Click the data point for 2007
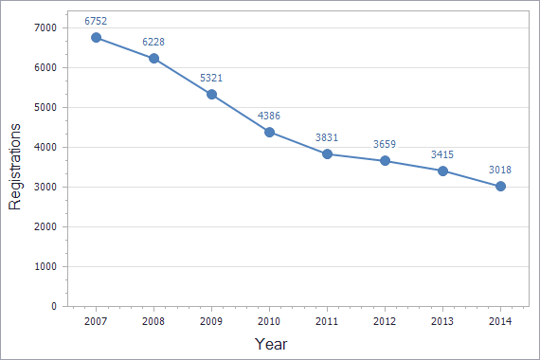pos(96,38)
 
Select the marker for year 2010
pos(269,132)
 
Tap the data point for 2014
pos(500,186)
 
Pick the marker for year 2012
pos(385,160)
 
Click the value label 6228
pos(153,42)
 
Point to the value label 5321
pos(211,78)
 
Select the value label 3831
pos(327,137)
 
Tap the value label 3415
pos(442,153)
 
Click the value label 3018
pos(500,170)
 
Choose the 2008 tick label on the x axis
pos(153,322)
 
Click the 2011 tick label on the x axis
pos(327,322)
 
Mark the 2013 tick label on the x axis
pos(442,322)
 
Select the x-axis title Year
pos(271,344)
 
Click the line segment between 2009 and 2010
pos(241,113)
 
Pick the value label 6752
pos(96,21)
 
